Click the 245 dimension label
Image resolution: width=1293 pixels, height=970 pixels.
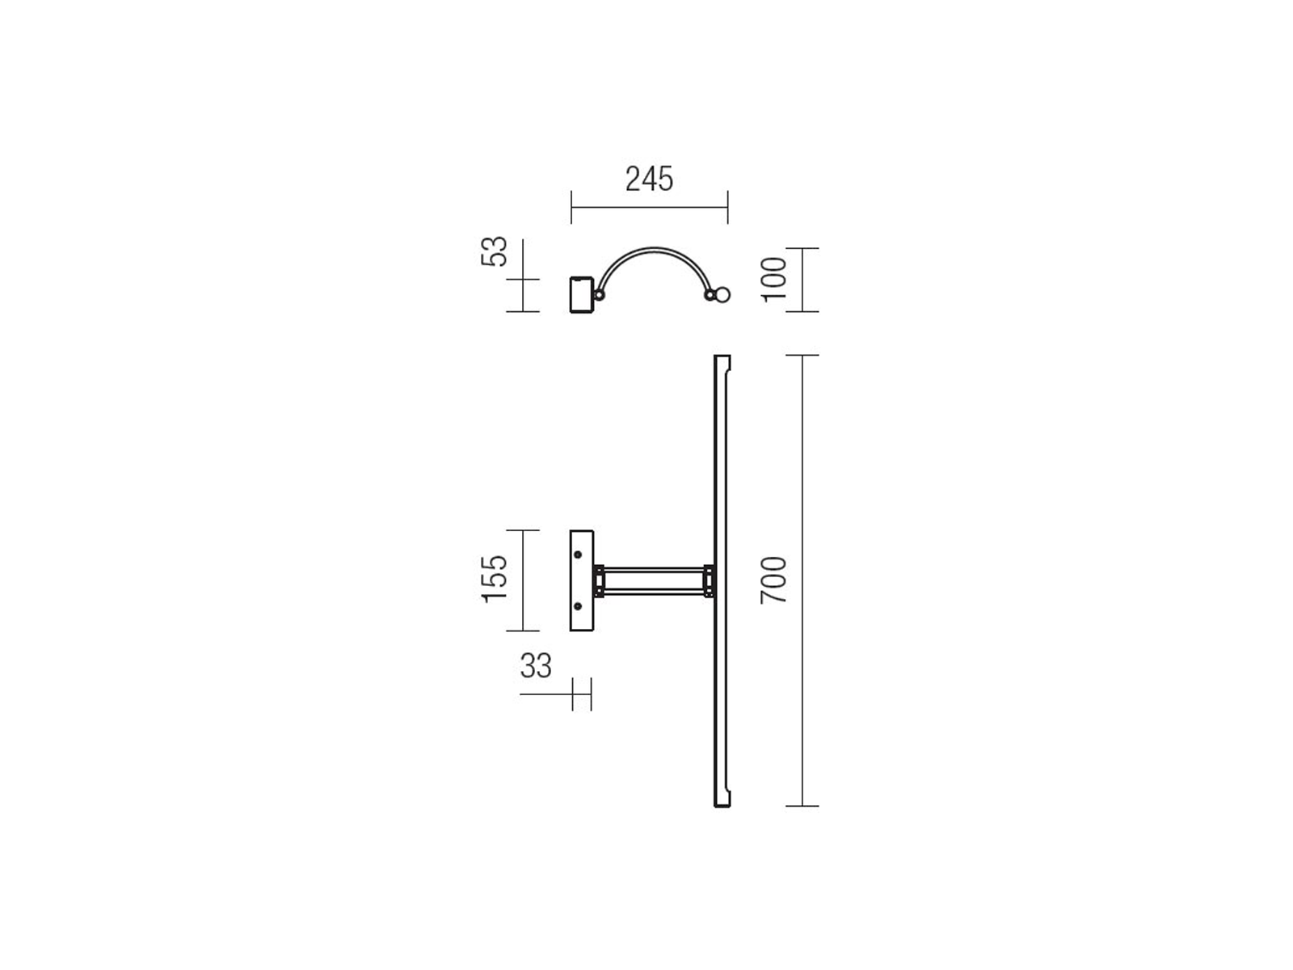pyautogui.click(x=649, y=179)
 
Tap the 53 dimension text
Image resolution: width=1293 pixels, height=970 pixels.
pyautogui.click(x=495, y=251)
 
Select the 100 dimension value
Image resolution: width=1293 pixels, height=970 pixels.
pyautogui.click(x=774, y=280)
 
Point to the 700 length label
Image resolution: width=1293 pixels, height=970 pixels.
pyautogui.click(x=773, y=580)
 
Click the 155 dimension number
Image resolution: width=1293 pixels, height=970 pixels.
pyautogui.click(x=495, y=579)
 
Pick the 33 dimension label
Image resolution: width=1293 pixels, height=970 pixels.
pyautogui.click(x=536, y=666)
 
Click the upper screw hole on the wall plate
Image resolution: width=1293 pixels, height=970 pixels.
pyautogui.click(x=577, y=555)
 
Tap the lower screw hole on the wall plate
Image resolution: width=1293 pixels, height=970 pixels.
pyautogui.click(x=577, y=606)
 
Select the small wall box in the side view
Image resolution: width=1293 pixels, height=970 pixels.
pyautogui.click(x=581, y=294)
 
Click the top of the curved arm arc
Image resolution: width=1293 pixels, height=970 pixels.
pyautogui.click(x=655, y=249)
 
